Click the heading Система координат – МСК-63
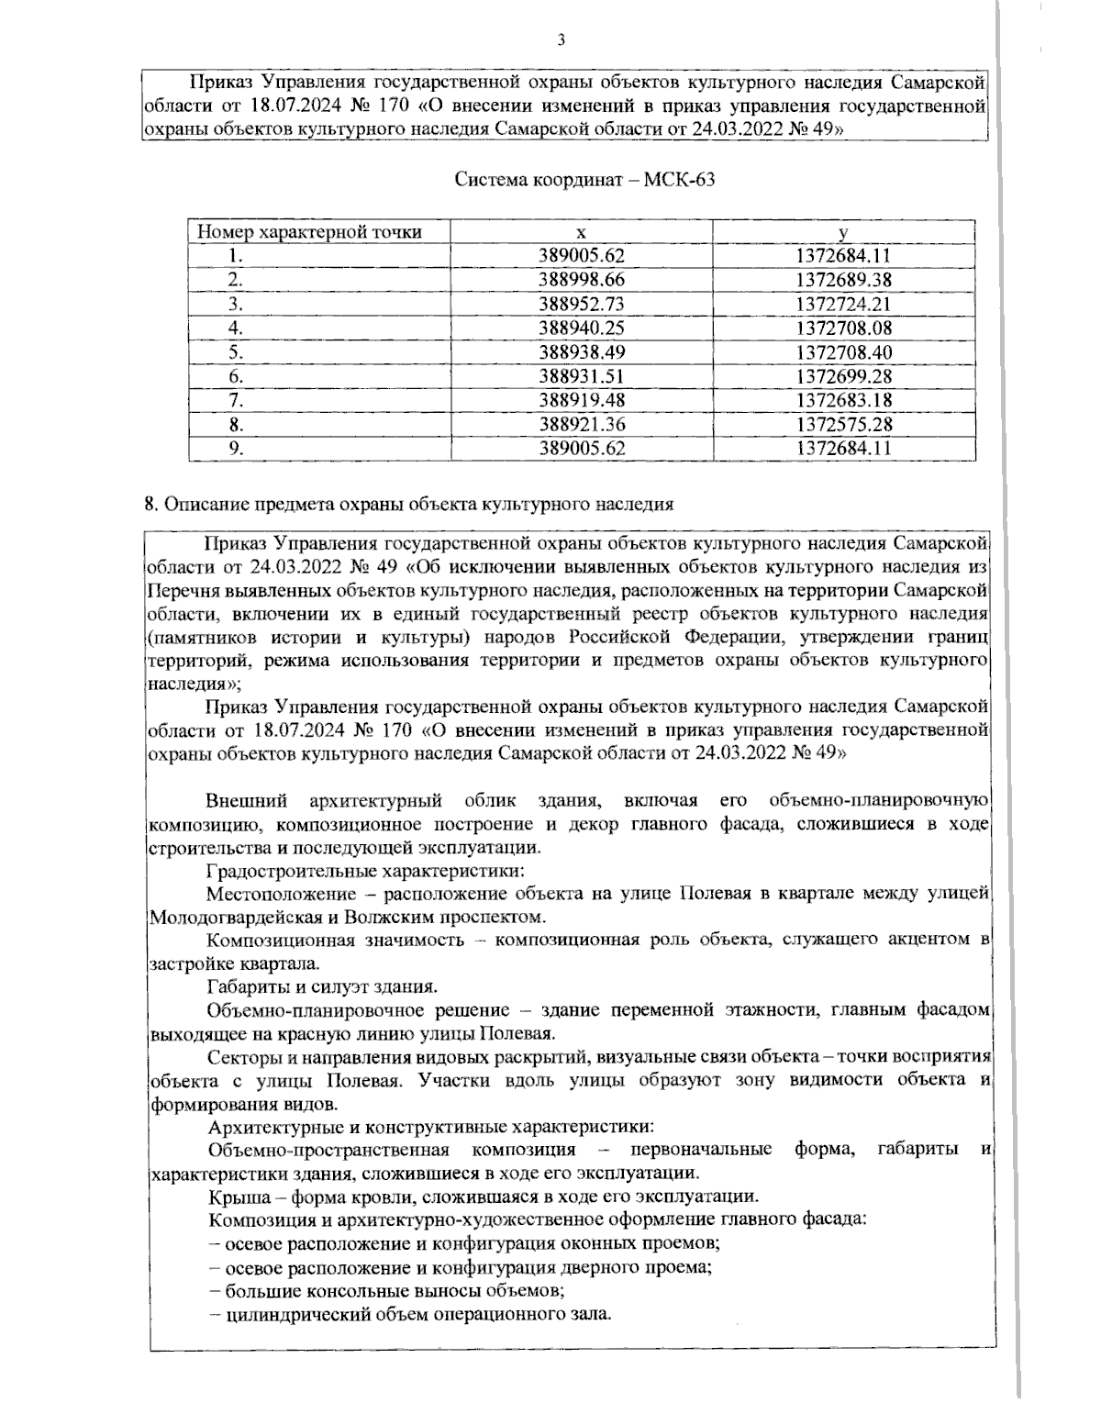coord(585,180)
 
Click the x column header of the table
coord(581,232)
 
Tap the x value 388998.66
coord(581,280)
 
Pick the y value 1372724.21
coord(843,304)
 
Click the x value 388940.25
coord(581,328)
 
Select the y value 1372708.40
coord(843,352)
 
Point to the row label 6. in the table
coord(236,376)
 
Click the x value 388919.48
coord(581,400)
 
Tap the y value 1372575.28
coord(843,425)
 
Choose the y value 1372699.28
coord(843,376)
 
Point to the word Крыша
coord(234,1197)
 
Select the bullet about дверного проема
coord(462,1267)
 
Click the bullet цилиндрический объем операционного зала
coord(410,1314)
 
